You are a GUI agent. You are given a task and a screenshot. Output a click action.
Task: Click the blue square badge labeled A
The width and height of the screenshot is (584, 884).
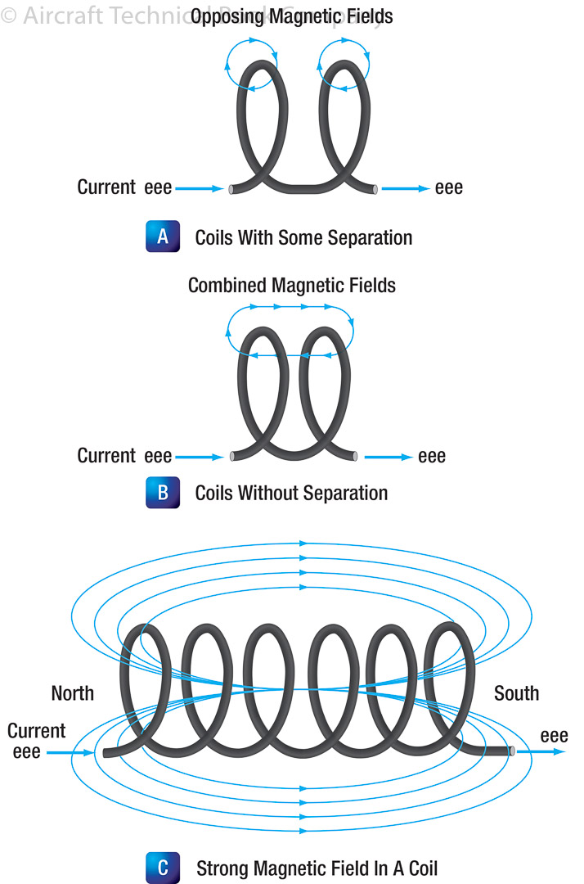tap(163, 237)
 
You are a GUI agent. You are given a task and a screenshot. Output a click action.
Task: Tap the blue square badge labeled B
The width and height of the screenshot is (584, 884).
tap(163, 493)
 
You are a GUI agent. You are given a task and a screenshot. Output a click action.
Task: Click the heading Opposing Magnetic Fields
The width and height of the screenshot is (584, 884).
tap(292, 16)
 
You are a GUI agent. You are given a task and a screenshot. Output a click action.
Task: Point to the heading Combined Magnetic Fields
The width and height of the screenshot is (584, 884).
tap(292, 285)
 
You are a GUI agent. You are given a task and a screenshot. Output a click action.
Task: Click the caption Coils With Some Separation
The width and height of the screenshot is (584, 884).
tap(303, 237)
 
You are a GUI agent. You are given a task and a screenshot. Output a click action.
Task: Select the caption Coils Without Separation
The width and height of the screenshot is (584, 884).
tap(291, 493)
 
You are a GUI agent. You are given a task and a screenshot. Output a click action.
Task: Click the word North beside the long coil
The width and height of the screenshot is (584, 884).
tap(73, 693)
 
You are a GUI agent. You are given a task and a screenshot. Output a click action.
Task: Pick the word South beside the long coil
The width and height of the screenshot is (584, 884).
tap(516, 693)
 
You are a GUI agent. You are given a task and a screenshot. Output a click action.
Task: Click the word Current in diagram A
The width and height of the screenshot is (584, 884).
tap(106, 187)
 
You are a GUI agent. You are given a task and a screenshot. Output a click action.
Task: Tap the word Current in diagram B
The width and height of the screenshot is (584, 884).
tap(106, 455)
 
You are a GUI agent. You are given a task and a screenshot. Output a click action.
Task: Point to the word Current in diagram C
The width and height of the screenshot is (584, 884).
tap(36, 730)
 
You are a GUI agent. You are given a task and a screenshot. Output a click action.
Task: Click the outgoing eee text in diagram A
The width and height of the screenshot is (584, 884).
tap(449, 188)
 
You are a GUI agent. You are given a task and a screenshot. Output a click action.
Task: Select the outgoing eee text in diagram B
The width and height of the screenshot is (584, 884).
tap(432, 456)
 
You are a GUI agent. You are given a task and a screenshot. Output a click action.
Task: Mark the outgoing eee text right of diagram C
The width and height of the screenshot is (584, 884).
tap(555, 736)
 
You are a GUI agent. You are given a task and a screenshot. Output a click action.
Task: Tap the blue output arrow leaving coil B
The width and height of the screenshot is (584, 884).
tap(389, 456)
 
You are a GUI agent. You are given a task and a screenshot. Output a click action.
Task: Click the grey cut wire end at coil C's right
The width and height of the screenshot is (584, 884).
tap(511, 750)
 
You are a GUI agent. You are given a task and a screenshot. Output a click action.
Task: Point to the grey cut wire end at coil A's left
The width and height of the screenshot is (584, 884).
tap(232, 189)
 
